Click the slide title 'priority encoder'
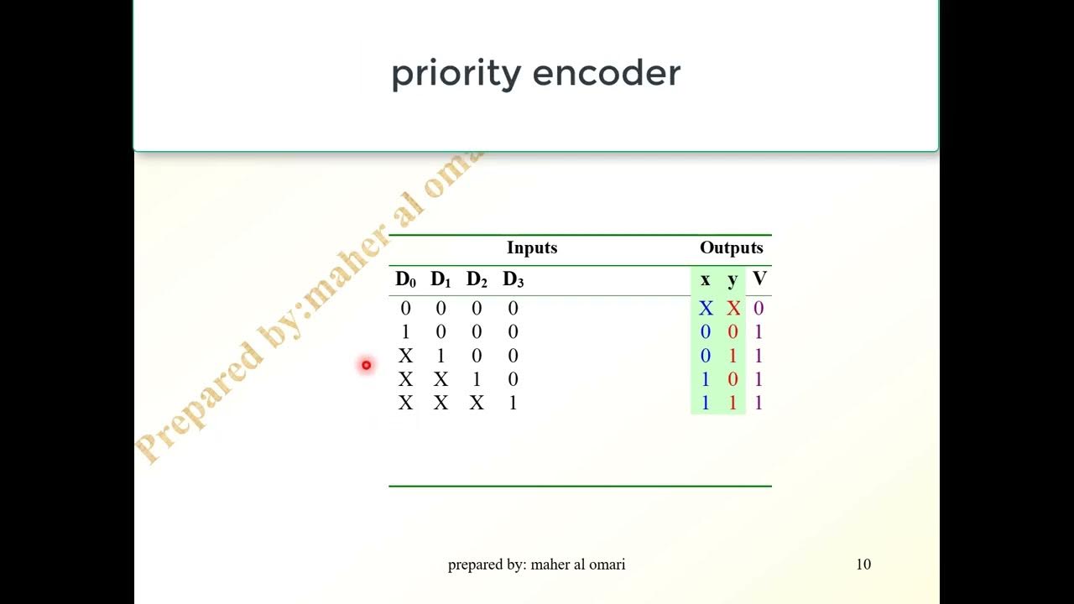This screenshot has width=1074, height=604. pyautogui.click(x=535, y=74)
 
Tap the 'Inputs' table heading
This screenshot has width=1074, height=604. pyautogui.click(x=532, y=247)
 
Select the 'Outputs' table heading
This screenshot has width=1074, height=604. pyautogui.click(x=731, y=247)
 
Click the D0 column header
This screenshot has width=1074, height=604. pyautogui.click(x=405, y=280)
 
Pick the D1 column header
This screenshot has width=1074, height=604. pyautogui.click(x=441, y=280)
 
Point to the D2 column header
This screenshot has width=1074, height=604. pyautogui.click(x=477, y=280)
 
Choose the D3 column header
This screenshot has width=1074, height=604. pyautogui.click(x=513, y=280)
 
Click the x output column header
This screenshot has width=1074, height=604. pyautogui.click(x=705, y=279)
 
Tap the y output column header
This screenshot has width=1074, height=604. pyautogui.click(x=733, y=279)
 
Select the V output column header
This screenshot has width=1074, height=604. pyautogui.click(x=759, y=279)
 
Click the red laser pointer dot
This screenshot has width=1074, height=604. pyautogui.click(x=366, y=365)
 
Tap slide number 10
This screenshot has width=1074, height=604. pyautogui.click(x=863, y=565)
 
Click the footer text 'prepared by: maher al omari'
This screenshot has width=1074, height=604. pyautogui.click(x=536, y=565)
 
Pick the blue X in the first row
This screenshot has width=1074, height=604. pyautogui.click(x=706, y=309)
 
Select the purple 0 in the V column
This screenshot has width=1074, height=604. pyautogui.click(x=759, y=309)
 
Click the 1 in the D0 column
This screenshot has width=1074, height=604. pyautogui.click(x=405, y=332)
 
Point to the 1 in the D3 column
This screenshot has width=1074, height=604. pyautogui.click(x=513, y=404)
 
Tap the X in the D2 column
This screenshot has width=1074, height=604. pyautogui.click(x=477, y=404)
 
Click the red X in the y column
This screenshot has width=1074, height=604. pyautogui.click(x=733, y=309)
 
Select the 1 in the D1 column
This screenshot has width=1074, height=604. pyautogui.click(x=441, y=356)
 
